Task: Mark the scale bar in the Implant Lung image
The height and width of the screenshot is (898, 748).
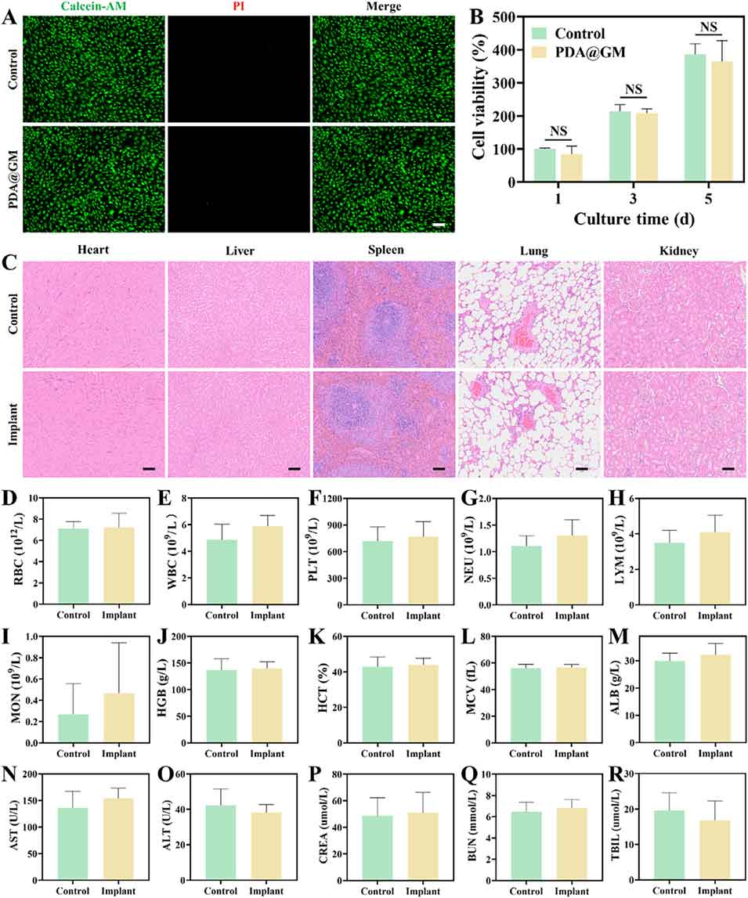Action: coord(582,468)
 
